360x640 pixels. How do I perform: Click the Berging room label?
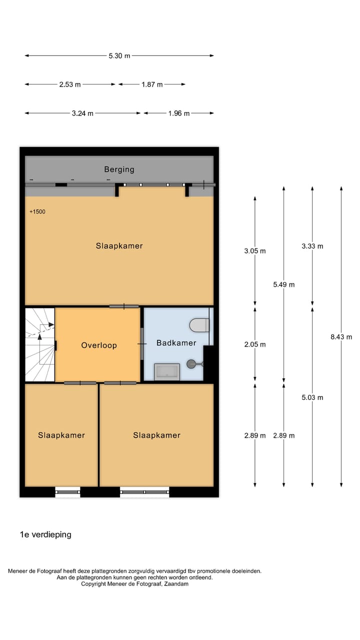119,169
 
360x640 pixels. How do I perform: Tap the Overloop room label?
99,345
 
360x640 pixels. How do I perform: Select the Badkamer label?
176,343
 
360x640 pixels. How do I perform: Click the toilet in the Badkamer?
199,325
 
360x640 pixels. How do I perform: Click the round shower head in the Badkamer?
191,364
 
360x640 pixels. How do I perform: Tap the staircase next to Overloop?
39,344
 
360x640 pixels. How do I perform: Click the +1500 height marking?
37,212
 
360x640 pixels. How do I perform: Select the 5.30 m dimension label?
119,56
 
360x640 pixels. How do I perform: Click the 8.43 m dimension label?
341,337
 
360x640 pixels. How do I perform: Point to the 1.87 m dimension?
152,85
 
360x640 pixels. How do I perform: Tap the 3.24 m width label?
82,113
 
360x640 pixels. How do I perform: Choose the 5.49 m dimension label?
283,285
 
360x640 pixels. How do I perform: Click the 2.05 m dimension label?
255,344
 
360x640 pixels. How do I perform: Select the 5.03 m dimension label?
312,398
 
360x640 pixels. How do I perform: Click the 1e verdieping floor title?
45,534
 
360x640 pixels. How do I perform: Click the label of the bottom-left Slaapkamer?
61,435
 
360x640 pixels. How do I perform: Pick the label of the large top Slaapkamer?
119,246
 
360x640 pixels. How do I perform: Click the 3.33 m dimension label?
312,246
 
